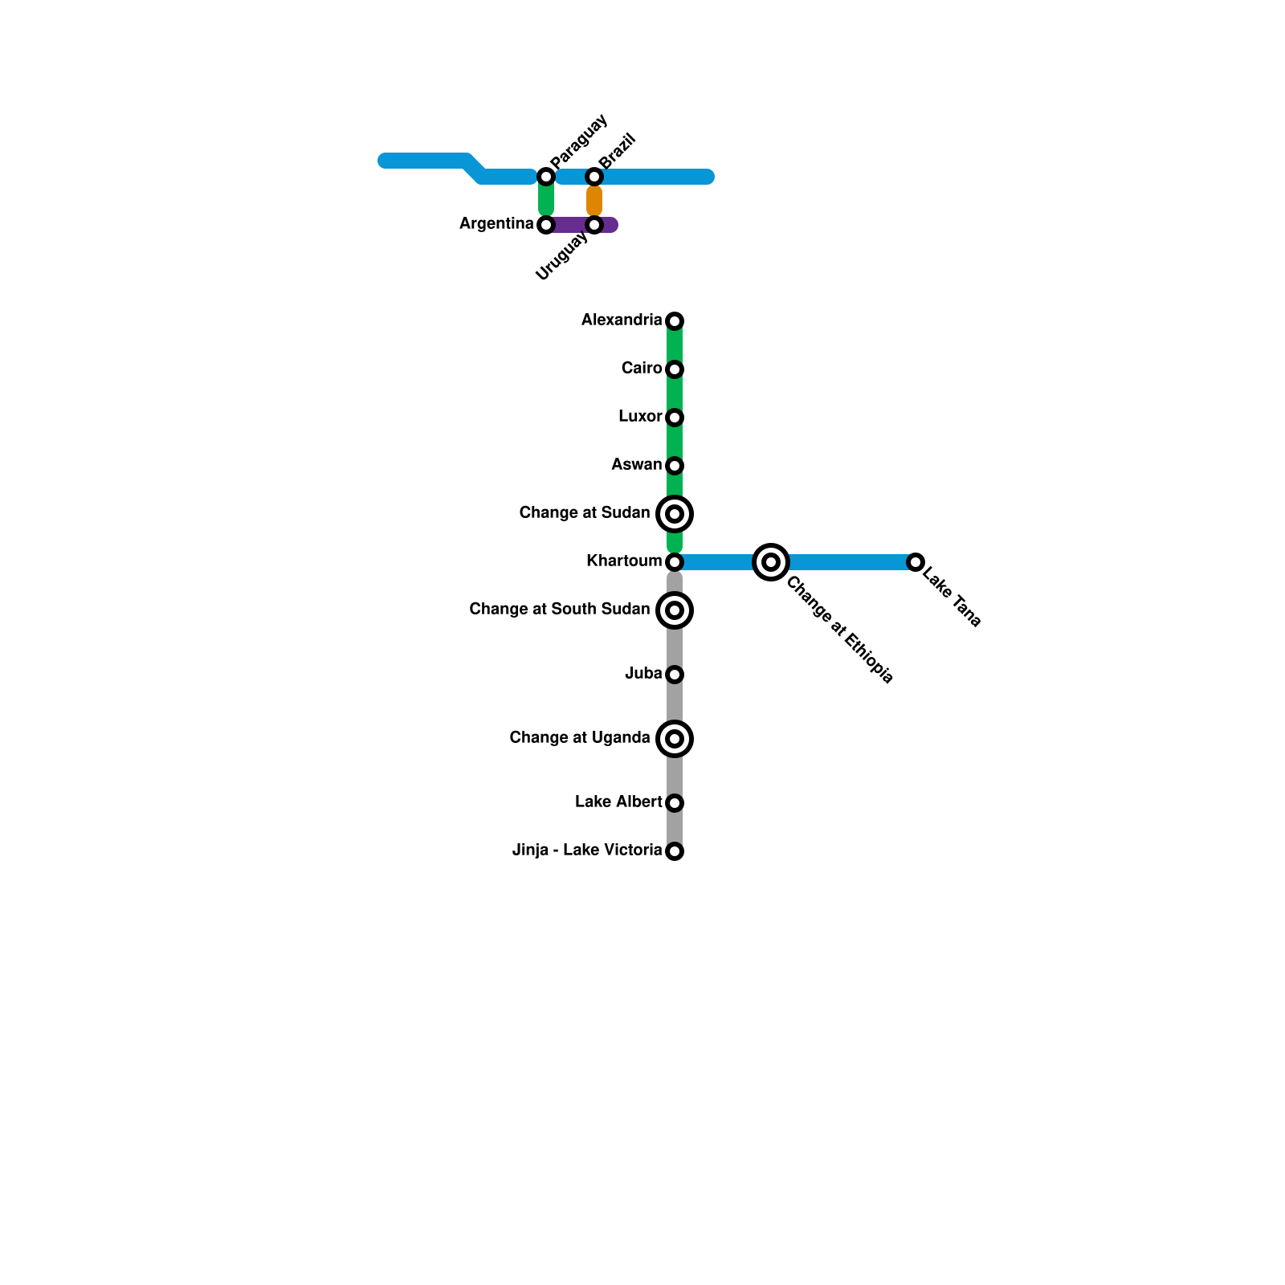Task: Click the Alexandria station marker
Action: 675,321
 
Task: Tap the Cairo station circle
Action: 675,369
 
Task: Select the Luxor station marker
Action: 675,418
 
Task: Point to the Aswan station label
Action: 636,465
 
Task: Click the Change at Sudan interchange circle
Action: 675,514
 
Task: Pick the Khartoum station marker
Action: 675,562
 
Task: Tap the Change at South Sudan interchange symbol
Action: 675,610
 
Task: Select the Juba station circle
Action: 675,675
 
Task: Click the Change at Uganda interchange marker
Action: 675,739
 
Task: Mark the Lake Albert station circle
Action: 675,803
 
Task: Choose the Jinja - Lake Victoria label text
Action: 587,851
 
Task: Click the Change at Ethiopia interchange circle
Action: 771,562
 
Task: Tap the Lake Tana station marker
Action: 916,562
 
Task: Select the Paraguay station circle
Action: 546,177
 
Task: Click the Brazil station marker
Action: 594,177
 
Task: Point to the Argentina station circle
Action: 546,225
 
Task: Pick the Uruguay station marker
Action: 594,225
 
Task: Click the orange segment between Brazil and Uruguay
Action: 594,201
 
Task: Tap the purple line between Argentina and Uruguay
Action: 570,225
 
